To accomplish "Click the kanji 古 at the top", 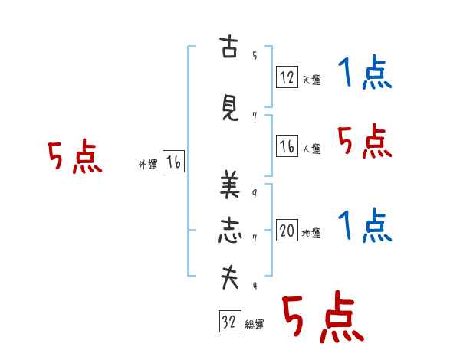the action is point(228,47).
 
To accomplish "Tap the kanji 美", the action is point(230,185).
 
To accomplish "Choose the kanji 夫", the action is point(230,277).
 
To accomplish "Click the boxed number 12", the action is point(287,77).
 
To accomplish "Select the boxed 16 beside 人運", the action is point(287,146).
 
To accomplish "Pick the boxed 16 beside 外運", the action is point(173,162).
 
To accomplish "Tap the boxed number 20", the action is point(287,230).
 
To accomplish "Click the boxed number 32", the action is point(230,321).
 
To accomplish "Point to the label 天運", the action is point(311,80).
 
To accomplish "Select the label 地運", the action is point(311,234).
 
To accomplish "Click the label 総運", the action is point(255,325).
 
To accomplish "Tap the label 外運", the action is point(148,165).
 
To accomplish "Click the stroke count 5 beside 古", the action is point(255,55).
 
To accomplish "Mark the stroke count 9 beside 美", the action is point(255,194).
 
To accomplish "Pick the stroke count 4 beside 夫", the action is point(255,286).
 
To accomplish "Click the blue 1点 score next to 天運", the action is point(365,72).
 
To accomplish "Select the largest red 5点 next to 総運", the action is point(323,316).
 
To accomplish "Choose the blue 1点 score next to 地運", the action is point(365,225).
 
